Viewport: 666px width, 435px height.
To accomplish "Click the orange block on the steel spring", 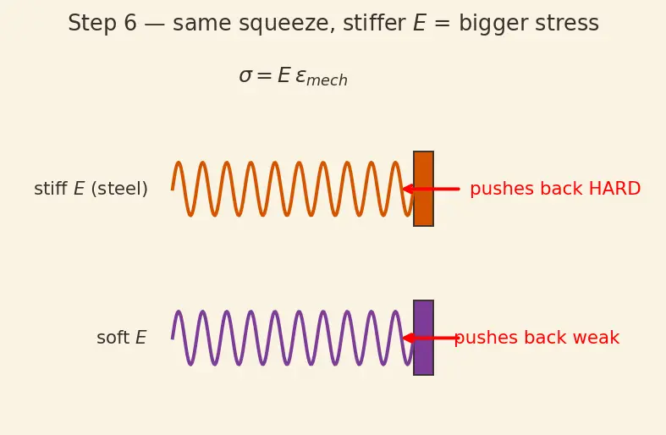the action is pos(423,189).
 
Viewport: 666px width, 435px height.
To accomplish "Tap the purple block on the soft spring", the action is pos(423,338).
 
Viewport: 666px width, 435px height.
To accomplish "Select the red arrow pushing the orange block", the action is pos(431,189).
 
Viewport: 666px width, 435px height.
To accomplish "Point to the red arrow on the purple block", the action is pos(429,339).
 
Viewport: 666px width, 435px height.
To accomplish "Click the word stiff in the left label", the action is pos(51,189).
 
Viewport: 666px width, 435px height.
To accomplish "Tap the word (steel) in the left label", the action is pos(119,189).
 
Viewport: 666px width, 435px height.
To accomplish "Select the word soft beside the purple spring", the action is pos(113,339).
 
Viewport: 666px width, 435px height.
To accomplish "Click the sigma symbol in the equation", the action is pos(246,76).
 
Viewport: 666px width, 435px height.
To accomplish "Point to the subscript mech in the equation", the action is pos(327,80).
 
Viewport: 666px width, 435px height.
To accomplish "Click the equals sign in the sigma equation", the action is pos(264,76).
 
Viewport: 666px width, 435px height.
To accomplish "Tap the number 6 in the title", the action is pos(130,23).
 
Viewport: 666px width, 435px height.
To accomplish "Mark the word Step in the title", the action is pos(92,24).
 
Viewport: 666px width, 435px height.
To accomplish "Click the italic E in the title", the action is pos(420,23).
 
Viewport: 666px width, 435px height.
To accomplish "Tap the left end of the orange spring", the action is pos(172,189).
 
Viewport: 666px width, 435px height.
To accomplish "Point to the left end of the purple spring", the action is pos(172,339).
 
